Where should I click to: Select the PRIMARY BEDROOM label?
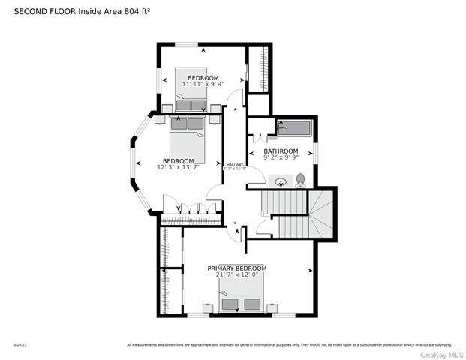237,268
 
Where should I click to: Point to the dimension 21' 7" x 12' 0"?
237,274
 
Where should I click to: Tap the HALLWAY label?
234,165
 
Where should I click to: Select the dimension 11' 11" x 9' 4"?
203,85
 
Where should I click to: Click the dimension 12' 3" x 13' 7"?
179,167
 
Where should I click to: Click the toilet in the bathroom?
300,179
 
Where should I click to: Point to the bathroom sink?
281,181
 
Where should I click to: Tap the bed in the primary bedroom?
242,300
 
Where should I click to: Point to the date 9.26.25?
20,345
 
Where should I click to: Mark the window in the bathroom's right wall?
317,152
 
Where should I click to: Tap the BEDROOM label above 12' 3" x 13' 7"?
179,160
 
